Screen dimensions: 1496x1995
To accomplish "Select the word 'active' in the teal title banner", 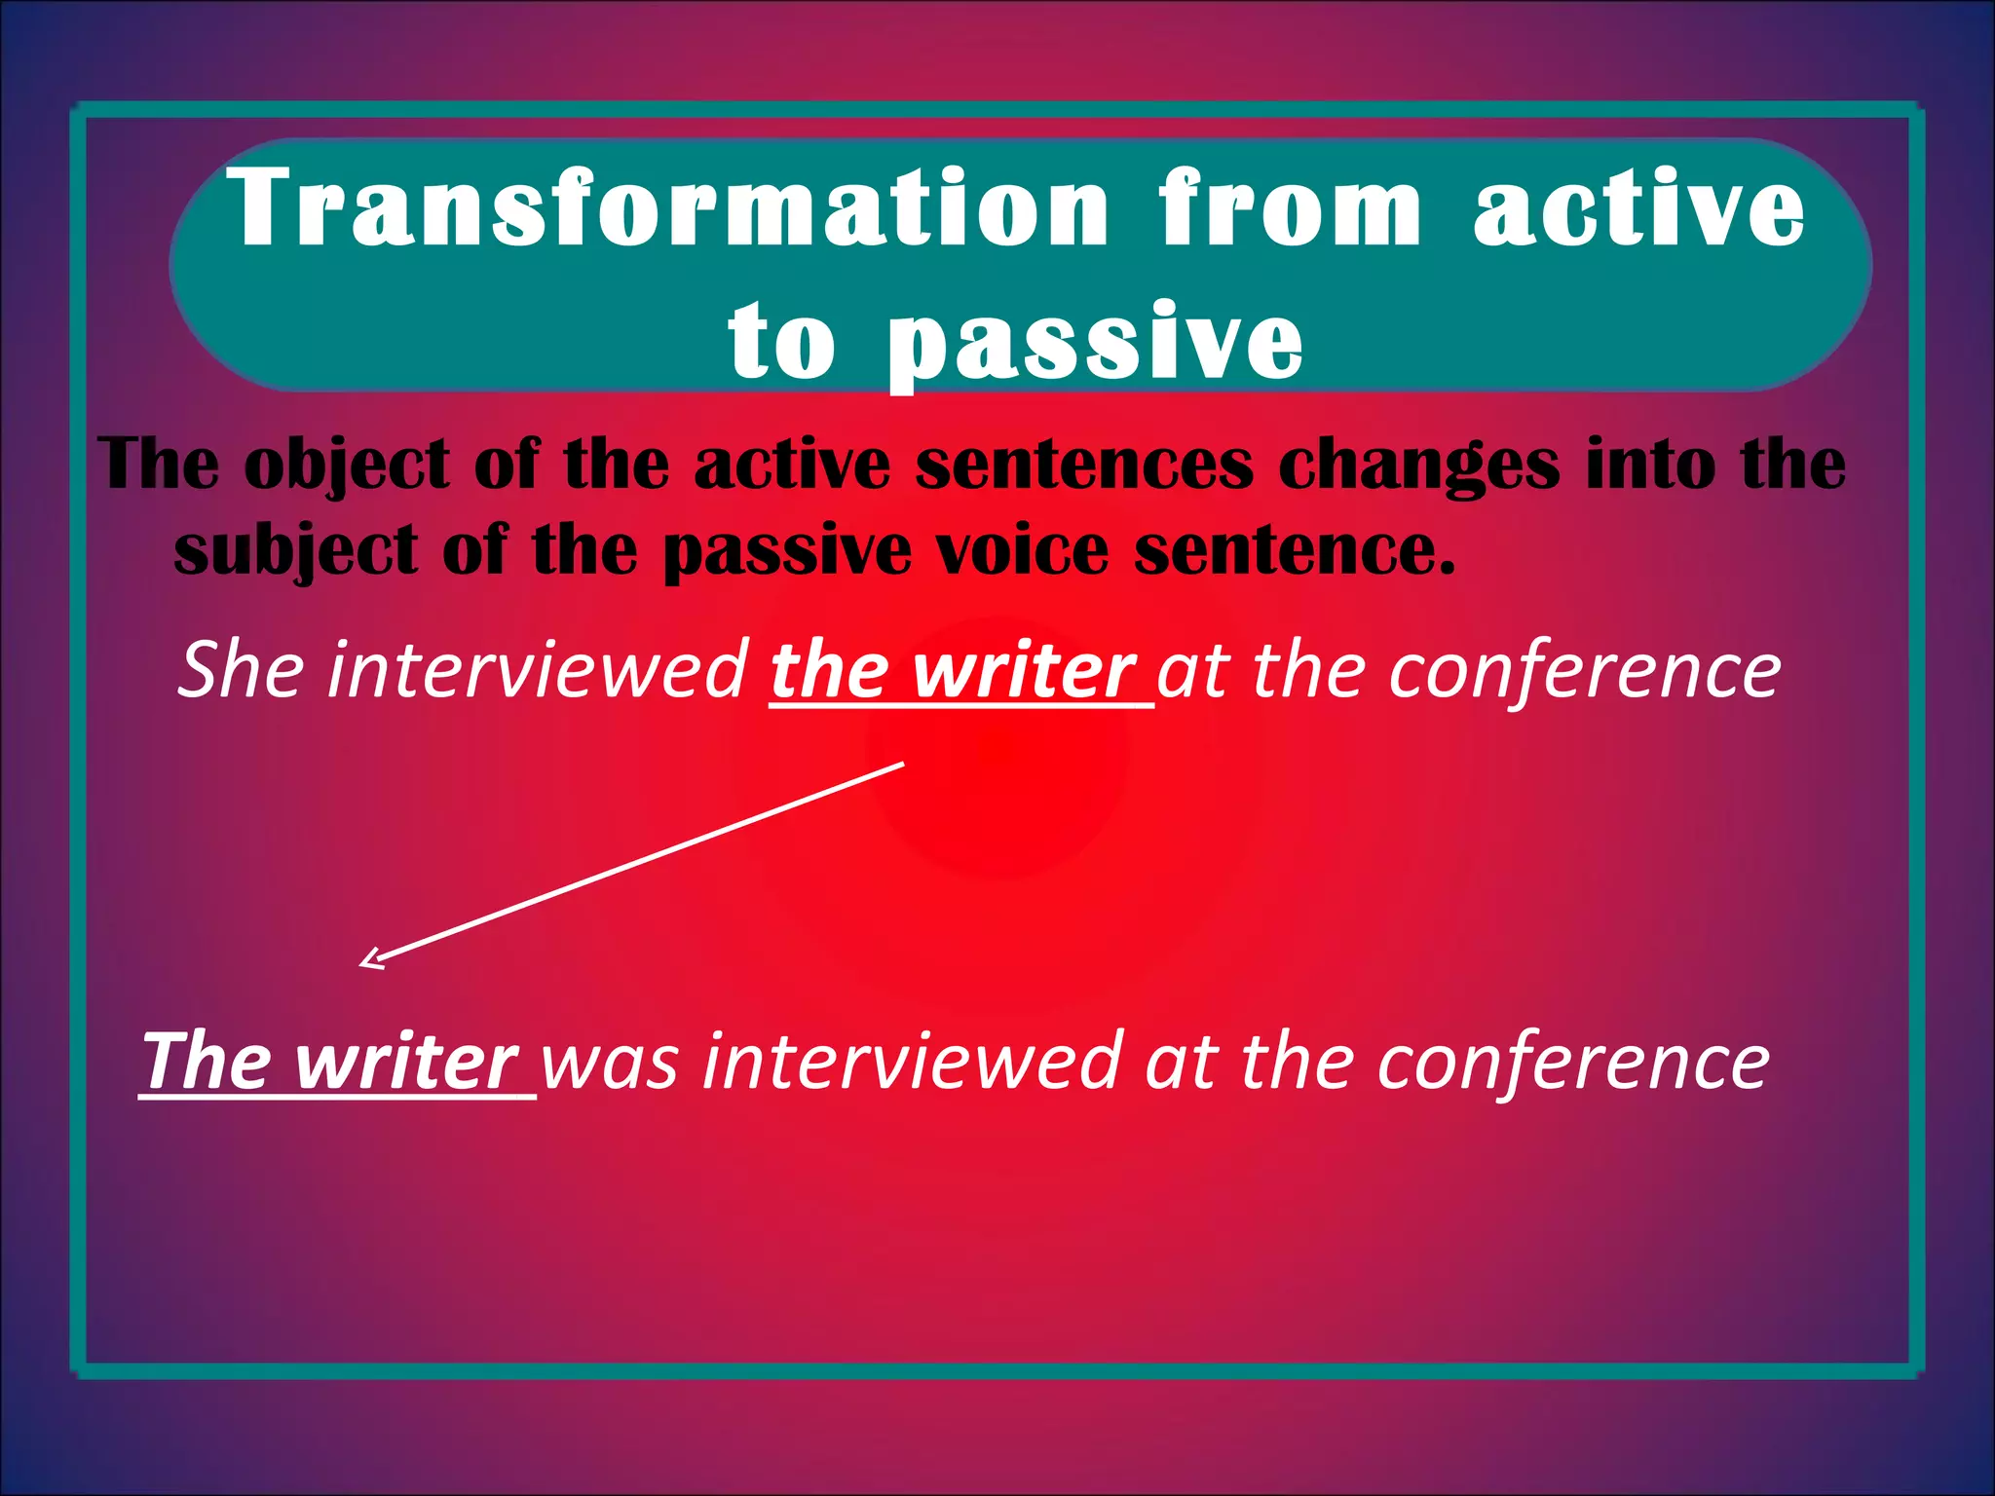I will coord(1639,207).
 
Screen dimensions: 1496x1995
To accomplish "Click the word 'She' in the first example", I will coord(240,670).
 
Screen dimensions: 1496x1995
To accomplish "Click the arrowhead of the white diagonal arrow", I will coord(368,962).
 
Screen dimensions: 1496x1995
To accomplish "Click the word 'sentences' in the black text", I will coord(1083,466).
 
